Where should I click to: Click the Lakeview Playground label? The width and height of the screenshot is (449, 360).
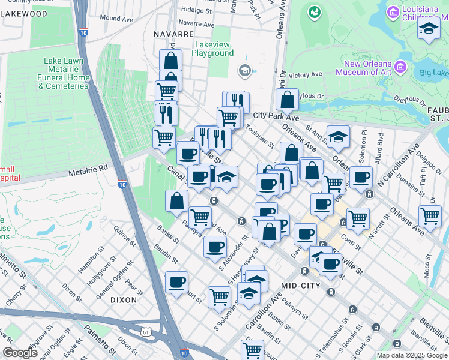pos(212,49)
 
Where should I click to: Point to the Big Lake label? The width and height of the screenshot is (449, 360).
pos(433,73)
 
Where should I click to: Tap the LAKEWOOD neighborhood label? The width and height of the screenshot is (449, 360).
pos(24,13)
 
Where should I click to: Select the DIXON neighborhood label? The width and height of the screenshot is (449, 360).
pos(124,299)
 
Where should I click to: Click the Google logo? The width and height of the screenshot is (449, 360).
pos(20,353)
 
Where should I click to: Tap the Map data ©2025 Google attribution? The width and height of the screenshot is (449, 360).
pos(412,355)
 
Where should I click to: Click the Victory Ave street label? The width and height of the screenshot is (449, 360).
pos(306,75)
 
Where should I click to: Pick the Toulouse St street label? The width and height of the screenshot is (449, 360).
pos(260,137)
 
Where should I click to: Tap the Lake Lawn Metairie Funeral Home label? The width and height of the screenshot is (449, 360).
pos(63,73)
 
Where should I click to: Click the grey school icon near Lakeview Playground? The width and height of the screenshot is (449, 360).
pos(244,71)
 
